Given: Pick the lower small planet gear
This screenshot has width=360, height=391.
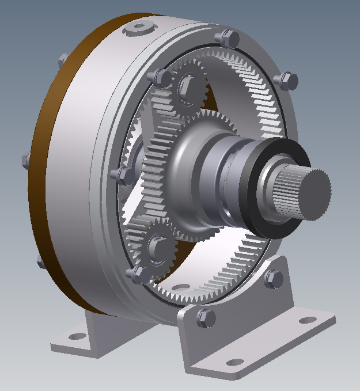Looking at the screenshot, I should pyautogui.click(x=156, y=248).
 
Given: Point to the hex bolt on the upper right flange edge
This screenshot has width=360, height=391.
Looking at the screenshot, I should pyautogui.click(x=285, y=81).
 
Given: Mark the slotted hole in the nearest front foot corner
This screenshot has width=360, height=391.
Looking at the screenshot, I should pyautogui.click(x=234, y=362).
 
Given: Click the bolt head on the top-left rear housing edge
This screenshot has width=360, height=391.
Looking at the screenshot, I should pyautogui.click(x=62, y=59).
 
